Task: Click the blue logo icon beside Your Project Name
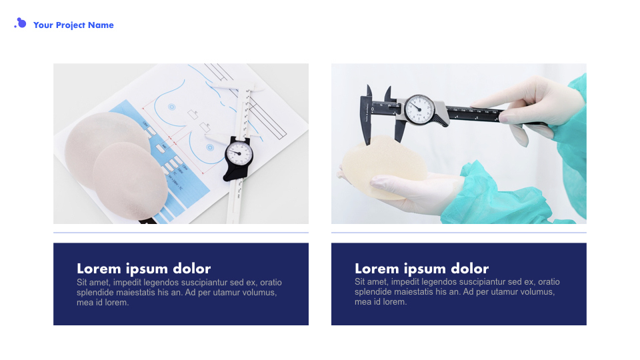click(x=21, y=24)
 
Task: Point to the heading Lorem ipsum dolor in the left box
click(x=143, y=269)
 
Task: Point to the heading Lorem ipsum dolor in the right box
click(x=421, y=269)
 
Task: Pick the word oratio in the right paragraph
click(x=547, y=283)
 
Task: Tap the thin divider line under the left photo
click(x=181, y=233)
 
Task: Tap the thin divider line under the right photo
click(x=459, y=233)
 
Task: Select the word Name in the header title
click(x=101, y=25)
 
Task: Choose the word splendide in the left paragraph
click(x=95, y=293)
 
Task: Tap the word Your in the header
click(x=43, y=25)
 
